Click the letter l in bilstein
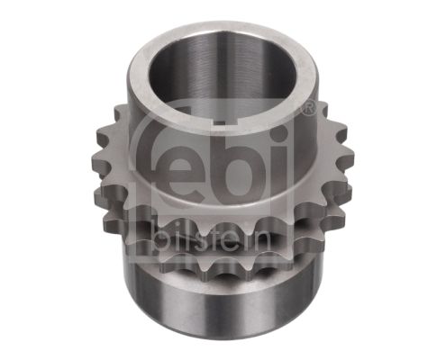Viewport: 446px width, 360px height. coord(186,236)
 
